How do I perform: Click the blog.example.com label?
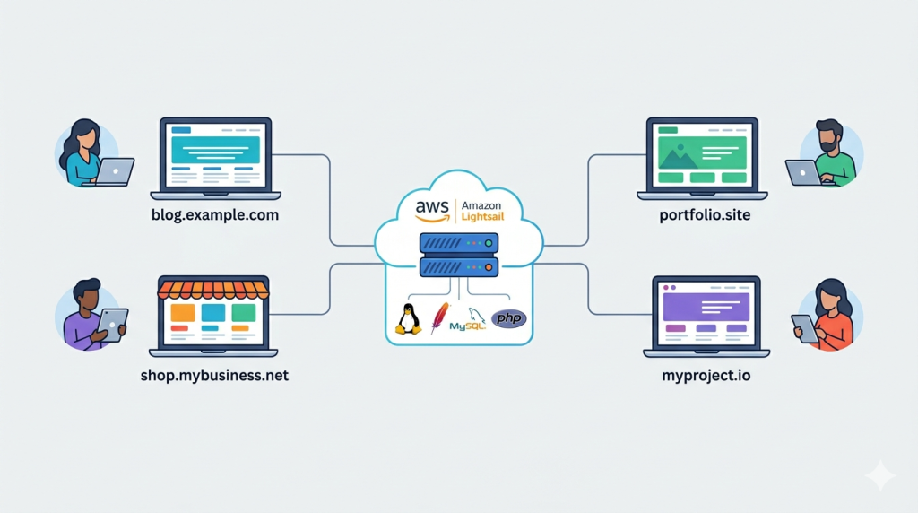point(215,216)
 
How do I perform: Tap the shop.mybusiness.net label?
point(214,376)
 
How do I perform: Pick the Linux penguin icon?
point(409,319)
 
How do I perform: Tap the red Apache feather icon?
point(439,317)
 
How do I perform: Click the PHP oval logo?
point(508,318)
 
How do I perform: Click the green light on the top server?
point(489,243)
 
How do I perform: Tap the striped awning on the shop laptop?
point(213,290)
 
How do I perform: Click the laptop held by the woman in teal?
point(114,171)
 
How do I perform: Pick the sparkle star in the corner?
point(880,476)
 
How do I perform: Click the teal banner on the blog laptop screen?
point(215,149)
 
